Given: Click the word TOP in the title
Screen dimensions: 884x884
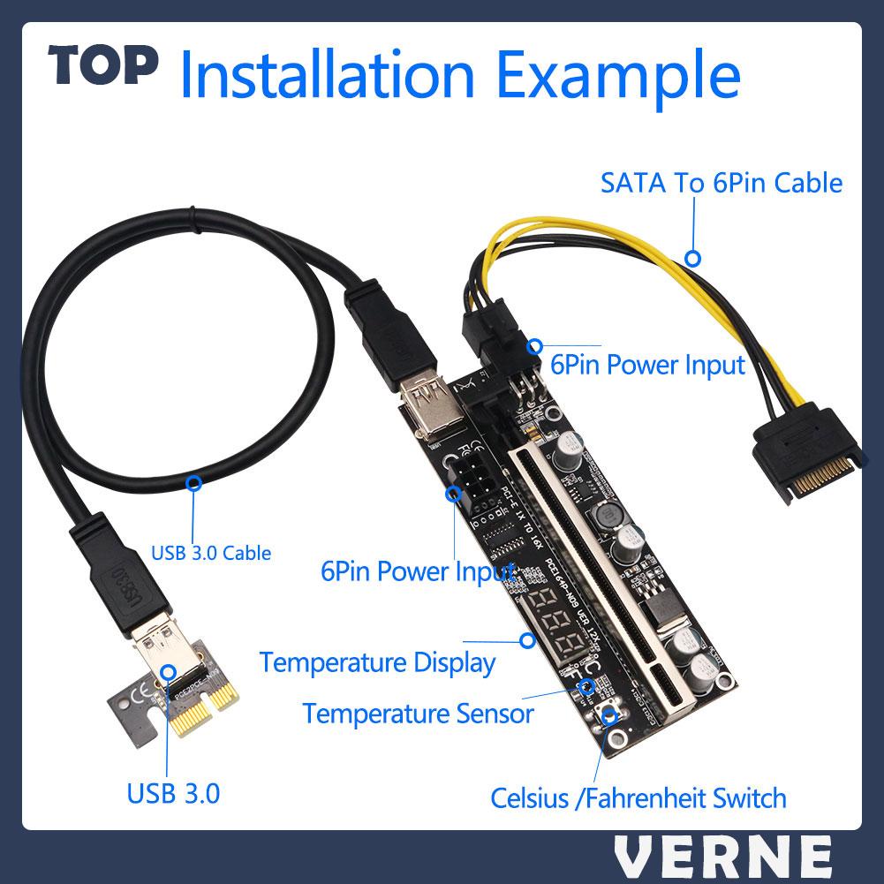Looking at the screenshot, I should click(x=103, y=67).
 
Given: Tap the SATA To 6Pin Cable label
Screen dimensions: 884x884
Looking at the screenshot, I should click(x=721, y=184).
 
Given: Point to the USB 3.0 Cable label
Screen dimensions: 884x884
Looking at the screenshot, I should click(x=211, y=554).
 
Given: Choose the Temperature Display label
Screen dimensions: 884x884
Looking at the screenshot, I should click(x=377, y=662).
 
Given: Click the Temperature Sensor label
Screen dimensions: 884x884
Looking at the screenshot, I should click(x=418, y=712).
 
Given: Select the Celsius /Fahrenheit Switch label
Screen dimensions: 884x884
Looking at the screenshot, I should click(x=638, y=799).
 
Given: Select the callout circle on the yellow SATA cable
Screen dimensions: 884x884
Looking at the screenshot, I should click(x=694, y=259).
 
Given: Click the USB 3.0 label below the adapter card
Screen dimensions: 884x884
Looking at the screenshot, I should click(x=173, y=793).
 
